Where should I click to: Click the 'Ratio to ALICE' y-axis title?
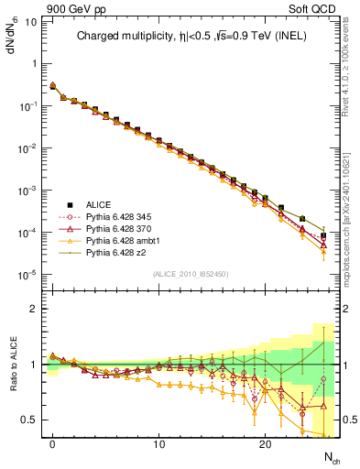coord(12,364)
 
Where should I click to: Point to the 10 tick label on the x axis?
coord(158,445)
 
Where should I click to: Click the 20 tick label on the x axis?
coord(265,445)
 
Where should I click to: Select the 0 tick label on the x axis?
coord(53,445)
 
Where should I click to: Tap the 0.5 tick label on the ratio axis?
coord(28,420)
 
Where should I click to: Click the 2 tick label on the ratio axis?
coord(33,309)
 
